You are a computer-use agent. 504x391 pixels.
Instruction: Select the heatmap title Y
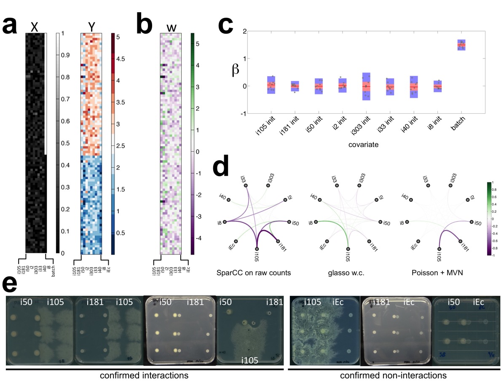tap(91, 27)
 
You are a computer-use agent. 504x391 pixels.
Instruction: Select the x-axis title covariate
tap(366, 144)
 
